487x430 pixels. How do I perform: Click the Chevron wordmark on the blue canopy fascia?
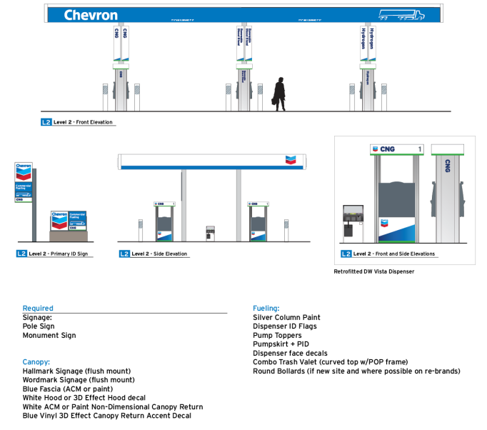[90, 15]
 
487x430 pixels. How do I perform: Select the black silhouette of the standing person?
[279, 94]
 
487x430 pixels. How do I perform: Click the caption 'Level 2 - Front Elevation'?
[83, 122]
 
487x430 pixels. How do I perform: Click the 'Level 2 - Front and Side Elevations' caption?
[393, 254]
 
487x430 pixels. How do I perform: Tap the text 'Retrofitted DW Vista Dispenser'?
[373, 271]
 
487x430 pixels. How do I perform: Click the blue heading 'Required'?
[38, 309]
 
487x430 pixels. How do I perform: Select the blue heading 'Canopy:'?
[36, 362]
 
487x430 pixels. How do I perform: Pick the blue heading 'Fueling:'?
[266, 309]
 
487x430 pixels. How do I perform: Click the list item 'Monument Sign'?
[49, 335]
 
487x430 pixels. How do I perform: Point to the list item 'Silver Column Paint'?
[286, 317]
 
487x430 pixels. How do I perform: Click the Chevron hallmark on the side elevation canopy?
[289, 160]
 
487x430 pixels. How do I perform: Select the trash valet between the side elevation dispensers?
[210, 232]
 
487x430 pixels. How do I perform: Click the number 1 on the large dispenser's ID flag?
[419, 149]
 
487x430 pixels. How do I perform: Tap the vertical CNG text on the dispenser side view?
[448, 166]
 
